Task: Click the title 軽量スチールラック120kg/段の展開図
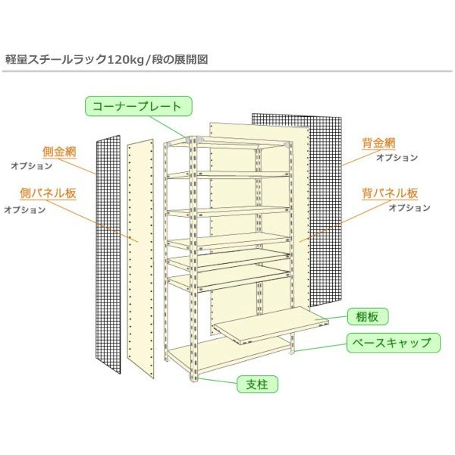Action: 107,58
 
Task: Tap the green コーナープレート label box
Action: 137,105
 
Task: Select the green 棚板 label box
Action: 367,317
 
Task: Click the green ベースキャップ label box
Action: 393,343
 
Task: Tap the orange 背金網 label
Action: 378,143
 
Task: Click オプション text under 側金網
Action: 31,165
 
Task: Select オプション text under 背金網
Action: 397,157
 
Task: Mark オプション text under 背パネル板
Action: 409,207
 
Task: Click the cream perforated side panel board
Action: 142,258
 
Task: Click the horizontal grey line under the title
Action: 227,72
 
